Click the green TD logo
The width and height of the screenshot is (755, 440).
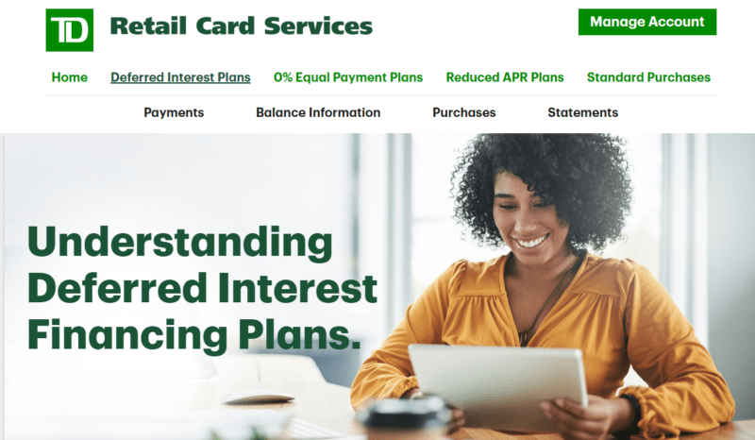pyautogui.click(x=69, y=30)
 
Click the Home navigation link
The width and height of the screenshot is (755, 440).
pyautogui.click(x=69, y=77)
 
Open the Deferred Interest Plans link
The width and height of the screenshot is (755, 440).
pyautogui.click(x=180, y=77)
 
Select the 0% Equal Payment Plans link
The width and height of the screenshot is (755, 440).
pyautogui.click(x=348, y=77)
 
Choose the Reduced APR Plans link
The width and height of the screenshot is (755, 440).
pyautogui.click(x=505, y=77)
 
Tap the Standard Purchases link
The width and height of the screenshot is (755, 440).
pyautogui.click(x=648, y=77)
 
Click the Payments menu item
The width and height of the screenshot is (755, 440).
pyautogui.click(x=174, y=112)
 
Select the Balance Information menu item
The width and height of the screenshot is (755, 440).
pyautogui.click(x=318, y=112)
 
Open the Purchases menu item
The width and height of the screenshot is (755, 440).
pyautogui.click(x=464, y=112)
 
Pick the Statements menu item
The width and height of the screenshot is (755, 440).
pyautogui.click(x=582, y=112)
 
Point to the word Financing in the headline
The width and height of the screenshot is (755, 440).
pyautogui.click(x=127, y=336)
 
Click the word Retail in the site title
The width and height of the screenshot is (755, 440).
pyautogui.click(x=148, y=26)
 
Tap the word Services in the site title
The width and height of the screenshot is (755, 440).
pyautogui.click(x=318, y=26)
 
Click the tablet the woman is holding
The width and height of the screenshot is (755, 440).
pyautogui.click(x=498, y=384)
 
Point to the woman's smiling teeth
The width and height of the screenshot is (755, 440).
pyautogui.click(x=532, y=241)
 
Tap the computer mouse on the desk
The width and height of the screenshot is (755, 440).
pyautogui.click(x=257, y=398)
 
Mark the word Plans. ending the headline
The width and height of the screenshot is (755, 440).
pyautogui.click(x=299, y=336)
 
